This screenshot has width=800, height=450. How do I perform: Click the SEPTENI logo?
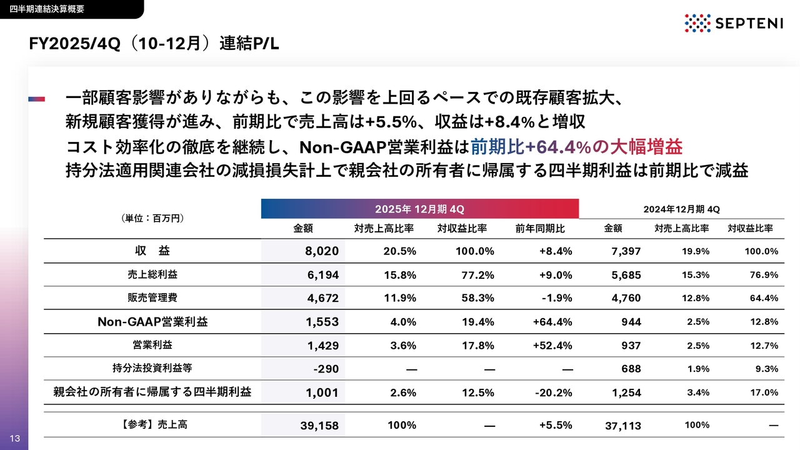(728, 23)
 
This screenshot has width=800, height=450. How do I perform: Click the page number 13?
(15, 438)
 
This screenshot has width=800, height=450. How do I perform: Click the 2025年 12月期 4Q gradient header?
(419, 209)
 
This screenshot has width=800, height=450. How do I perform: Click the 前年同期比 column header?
(540, 229)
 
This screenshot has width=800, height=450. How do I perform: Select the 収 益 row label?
(152, 251)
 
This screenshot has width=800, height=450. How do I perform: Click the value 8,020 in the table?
(322, 251)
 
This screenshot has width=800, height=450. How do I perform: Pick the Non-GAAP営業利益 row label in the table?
(152, 322)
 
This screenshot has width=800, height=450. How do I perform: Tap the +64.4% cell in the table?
(552, 322)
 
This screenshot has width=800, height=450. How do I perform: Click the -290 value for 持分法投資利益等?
(326, 369)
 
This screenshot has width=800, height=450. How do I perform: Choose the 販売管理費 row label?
(152, 297)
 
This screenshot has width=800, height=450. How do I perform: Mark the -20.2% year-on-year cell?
(553, 392)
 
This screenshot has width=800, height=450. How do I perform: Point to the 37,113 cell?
(622, 426)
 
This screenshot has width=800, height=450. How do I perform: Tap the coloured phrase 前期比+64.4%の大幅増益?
(576, 147)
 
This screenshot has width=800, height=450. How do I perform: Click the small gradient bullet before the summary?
(37, 99)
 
